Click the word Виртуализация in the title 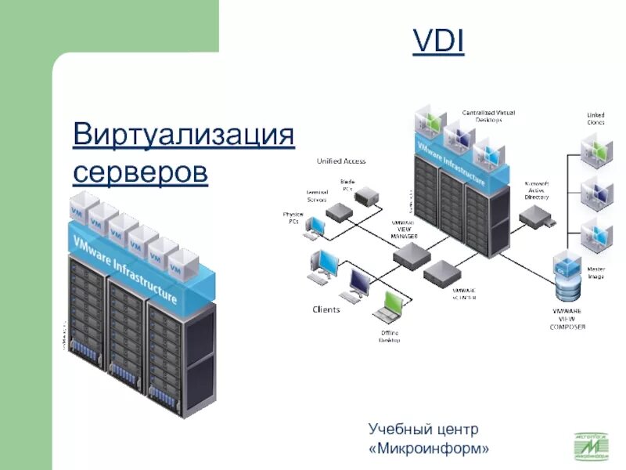tap(183, 134)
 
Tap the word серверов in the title tap(141, 170)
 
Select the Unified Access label tap(340, 161)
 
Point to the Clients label tap(326, 309)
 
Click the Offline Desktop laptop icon tap(387, 309)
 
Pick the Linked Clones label tap(595, 118)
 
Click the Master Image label tap(595, 273)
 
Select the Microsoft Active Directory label tap(537, 190)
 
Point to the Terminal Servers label tap(317, 196)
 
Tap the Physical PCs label tap(293, 217)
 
